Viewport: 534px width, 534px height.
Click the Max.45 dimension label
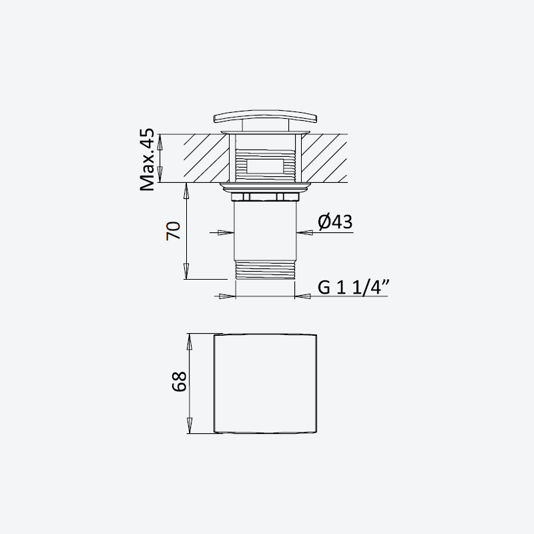point(147,160)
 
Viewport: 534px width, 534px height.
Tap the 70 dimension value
point(174,231)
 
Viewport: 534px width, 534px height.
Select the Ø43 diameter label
point(335,222)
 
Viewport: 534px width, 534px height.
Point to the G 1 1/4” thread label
point(354,287)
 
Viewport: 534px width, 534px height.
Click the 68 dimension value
point(180,381)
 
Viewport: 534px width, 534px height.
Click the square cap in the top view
point(265,384)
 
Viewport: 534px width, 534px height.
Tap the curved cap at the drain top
point(265,116)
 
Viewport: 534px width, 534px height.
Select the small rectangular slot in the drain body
point(264,166)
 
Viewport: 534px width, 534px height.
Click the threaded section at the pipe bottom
point(265,270)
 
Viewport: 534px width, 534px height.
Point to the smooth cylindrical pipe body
point(265,232)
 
